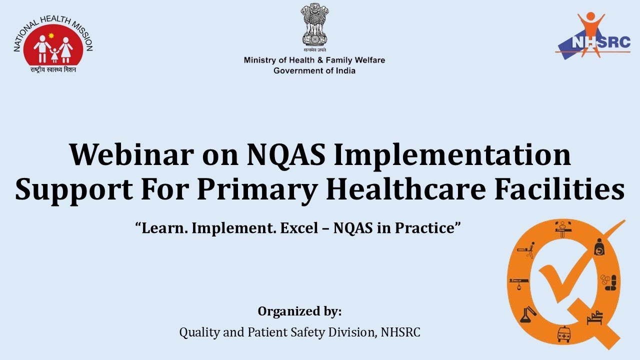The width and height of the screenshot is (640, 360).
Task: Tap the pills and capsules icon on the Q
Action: point(609,282)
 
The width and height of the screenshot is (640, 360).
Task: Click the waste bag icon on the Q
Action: point(599,247)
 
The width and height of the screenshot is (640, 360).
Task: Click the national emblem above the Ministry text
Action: point(314,25)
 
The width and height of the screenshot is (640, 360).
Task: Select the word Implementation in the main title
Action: point(452,154)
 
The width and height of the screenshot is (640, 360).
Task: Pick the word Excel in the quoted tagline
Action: point(297,228)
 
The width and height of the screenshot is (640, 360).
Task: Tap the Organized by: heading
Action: point(299,311)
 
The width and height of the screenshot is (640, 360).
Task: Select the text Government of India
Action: point(314,70)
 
